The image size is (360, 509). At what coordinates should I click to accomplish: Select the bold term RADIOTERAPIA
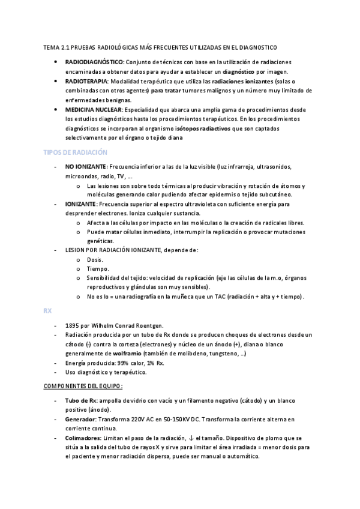[x=86, y=80]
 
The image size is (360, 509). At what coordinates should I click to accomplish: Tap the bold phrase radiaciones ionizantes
[x=242, y=80]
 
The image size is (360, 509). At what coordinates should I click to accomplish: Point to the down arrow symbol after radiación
[x=190, y=439]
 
